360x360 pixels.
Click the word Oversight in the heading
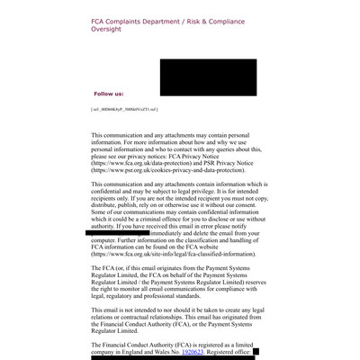pos(108,28)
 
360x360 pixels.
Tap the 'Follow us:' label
pos(109,94)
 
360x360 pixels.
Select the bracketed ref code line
pos(124,109)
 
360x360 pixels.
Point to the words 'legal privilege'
pos(208,192)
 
